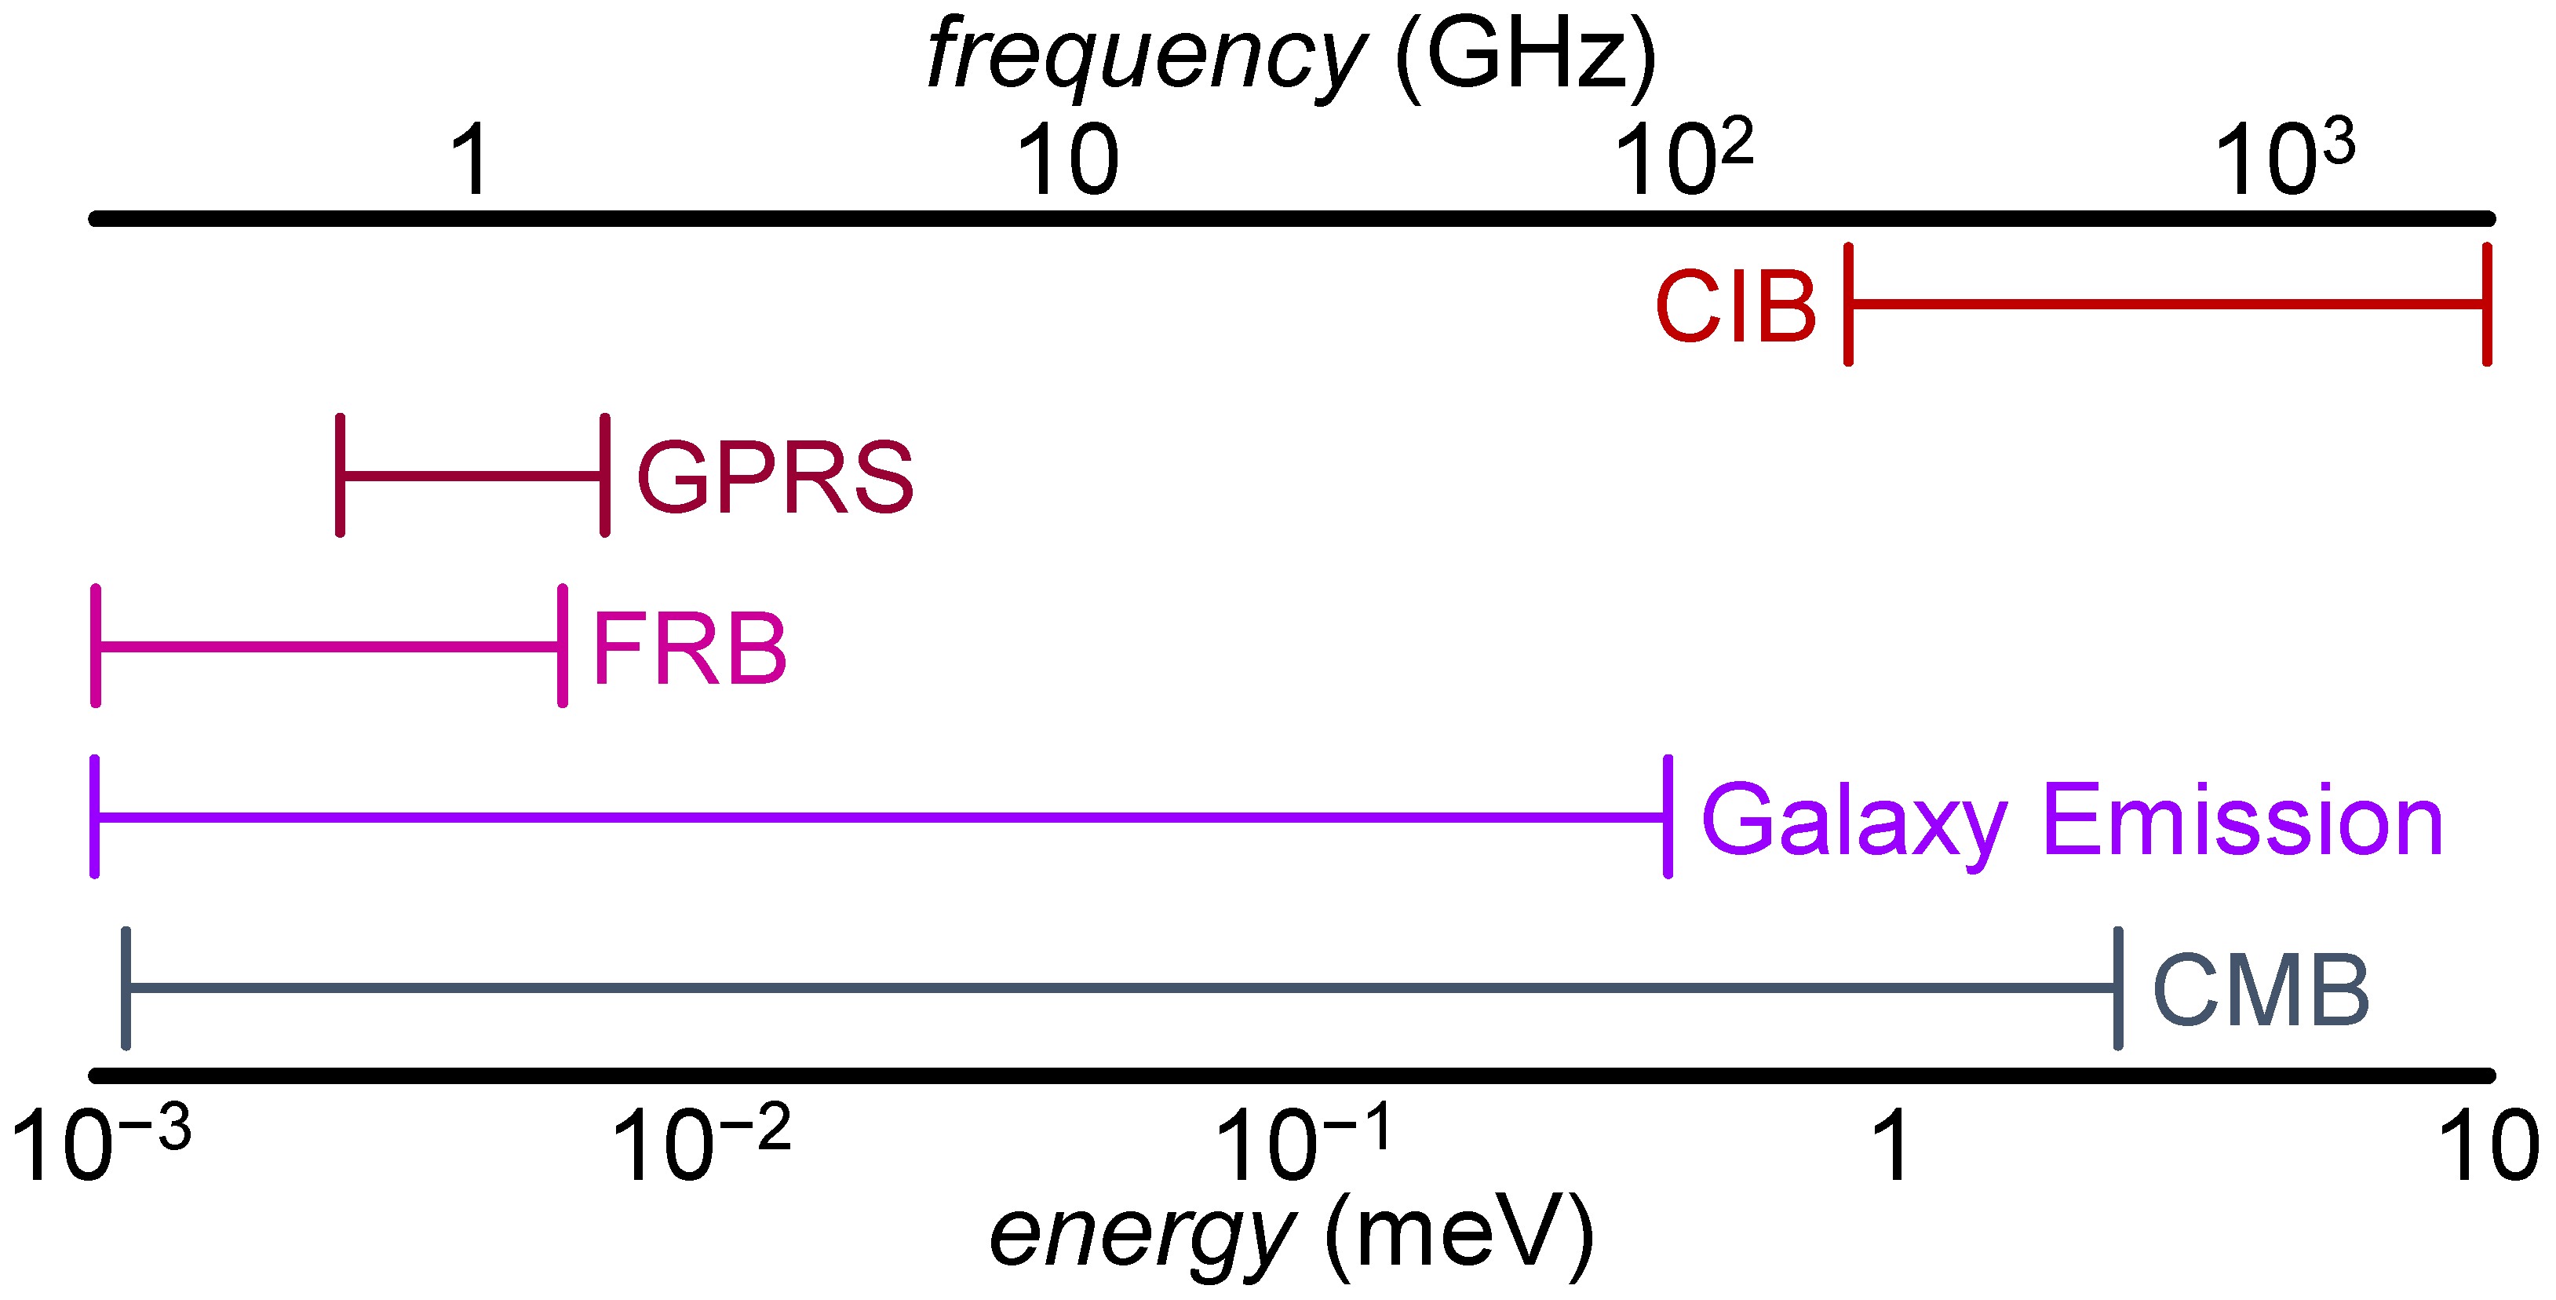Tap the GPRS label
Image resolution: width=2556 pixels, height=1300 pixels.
point(774,477)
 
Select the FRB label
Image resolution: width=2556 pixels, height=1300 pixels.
point(690,649)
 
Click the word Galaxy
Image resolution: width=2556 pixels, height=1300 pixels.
point(1854,822)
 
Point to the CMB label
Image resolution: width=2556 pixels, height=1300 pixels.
point(2260,991)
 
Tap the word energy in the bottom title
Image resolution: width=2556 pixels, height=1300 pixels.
point(1141,1233)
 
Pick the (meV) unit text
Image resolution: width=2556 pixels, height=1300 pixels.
point(1459,1233)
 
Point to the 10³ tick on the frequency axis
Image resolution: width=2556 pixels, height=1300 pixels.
point(2283,157)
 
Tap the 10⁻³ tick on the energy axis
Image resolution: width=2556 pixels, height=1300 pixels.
point(99,1145)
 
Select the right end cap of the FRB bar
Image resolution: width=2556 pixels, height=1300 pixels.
point(563,646)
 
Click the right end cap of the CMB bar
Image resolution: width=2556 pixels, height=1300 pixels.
point(2118,988)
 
